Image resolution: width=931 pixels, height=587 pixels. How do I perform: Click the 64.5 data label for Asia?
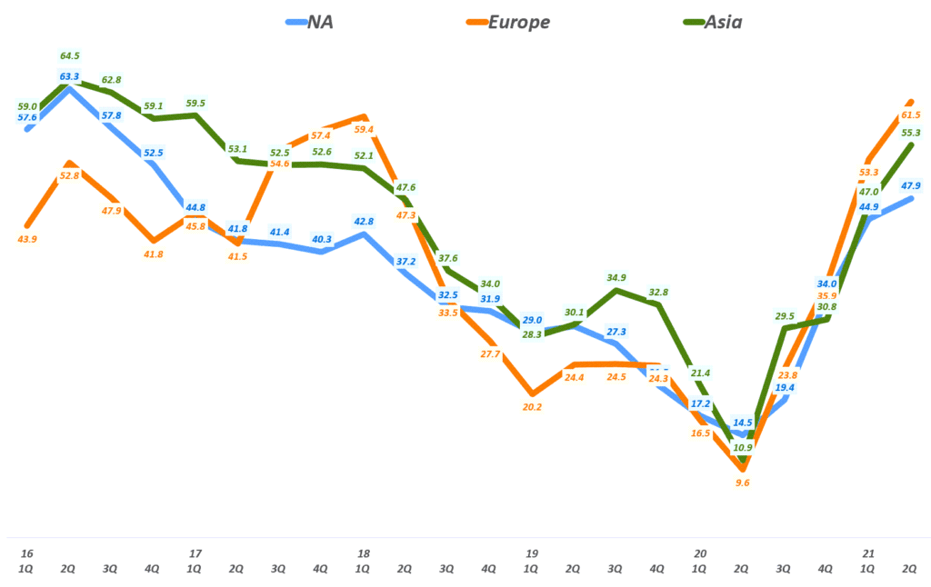tap(70, 56)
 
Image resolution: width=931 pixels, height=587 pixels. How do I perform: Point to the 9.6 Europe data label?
tap(742, 483)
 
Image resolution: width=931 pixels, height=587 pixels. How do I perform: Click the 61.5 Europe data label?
tap(910, 114)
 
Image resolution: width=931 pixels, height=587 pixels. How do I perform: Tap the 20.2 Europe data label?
tap(532, 406)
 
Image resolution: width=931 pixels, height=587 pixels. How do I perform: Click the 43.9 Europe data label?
tap(27, 239)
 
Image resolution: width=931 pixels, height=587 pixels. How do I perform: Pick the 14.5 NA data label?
tap(742, 422)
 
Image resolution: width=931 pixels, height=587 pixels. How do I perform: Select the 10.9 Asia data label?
tap(742, 447)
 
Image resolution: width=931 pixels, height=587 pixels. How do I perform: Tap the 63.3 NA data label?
tap(70, 76)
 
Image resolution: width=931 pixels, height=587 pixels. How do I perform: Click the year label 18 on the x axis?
tap(364, 553)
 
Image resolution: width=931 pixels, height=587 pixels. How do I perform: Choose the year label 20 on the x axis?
tap(700, 553)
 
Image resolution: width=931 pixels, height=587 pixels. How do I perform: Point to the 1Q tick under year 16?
tap(27, 569)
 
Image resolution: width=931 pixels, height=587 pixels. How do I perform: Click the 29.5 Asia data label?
tap(784, 315)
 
